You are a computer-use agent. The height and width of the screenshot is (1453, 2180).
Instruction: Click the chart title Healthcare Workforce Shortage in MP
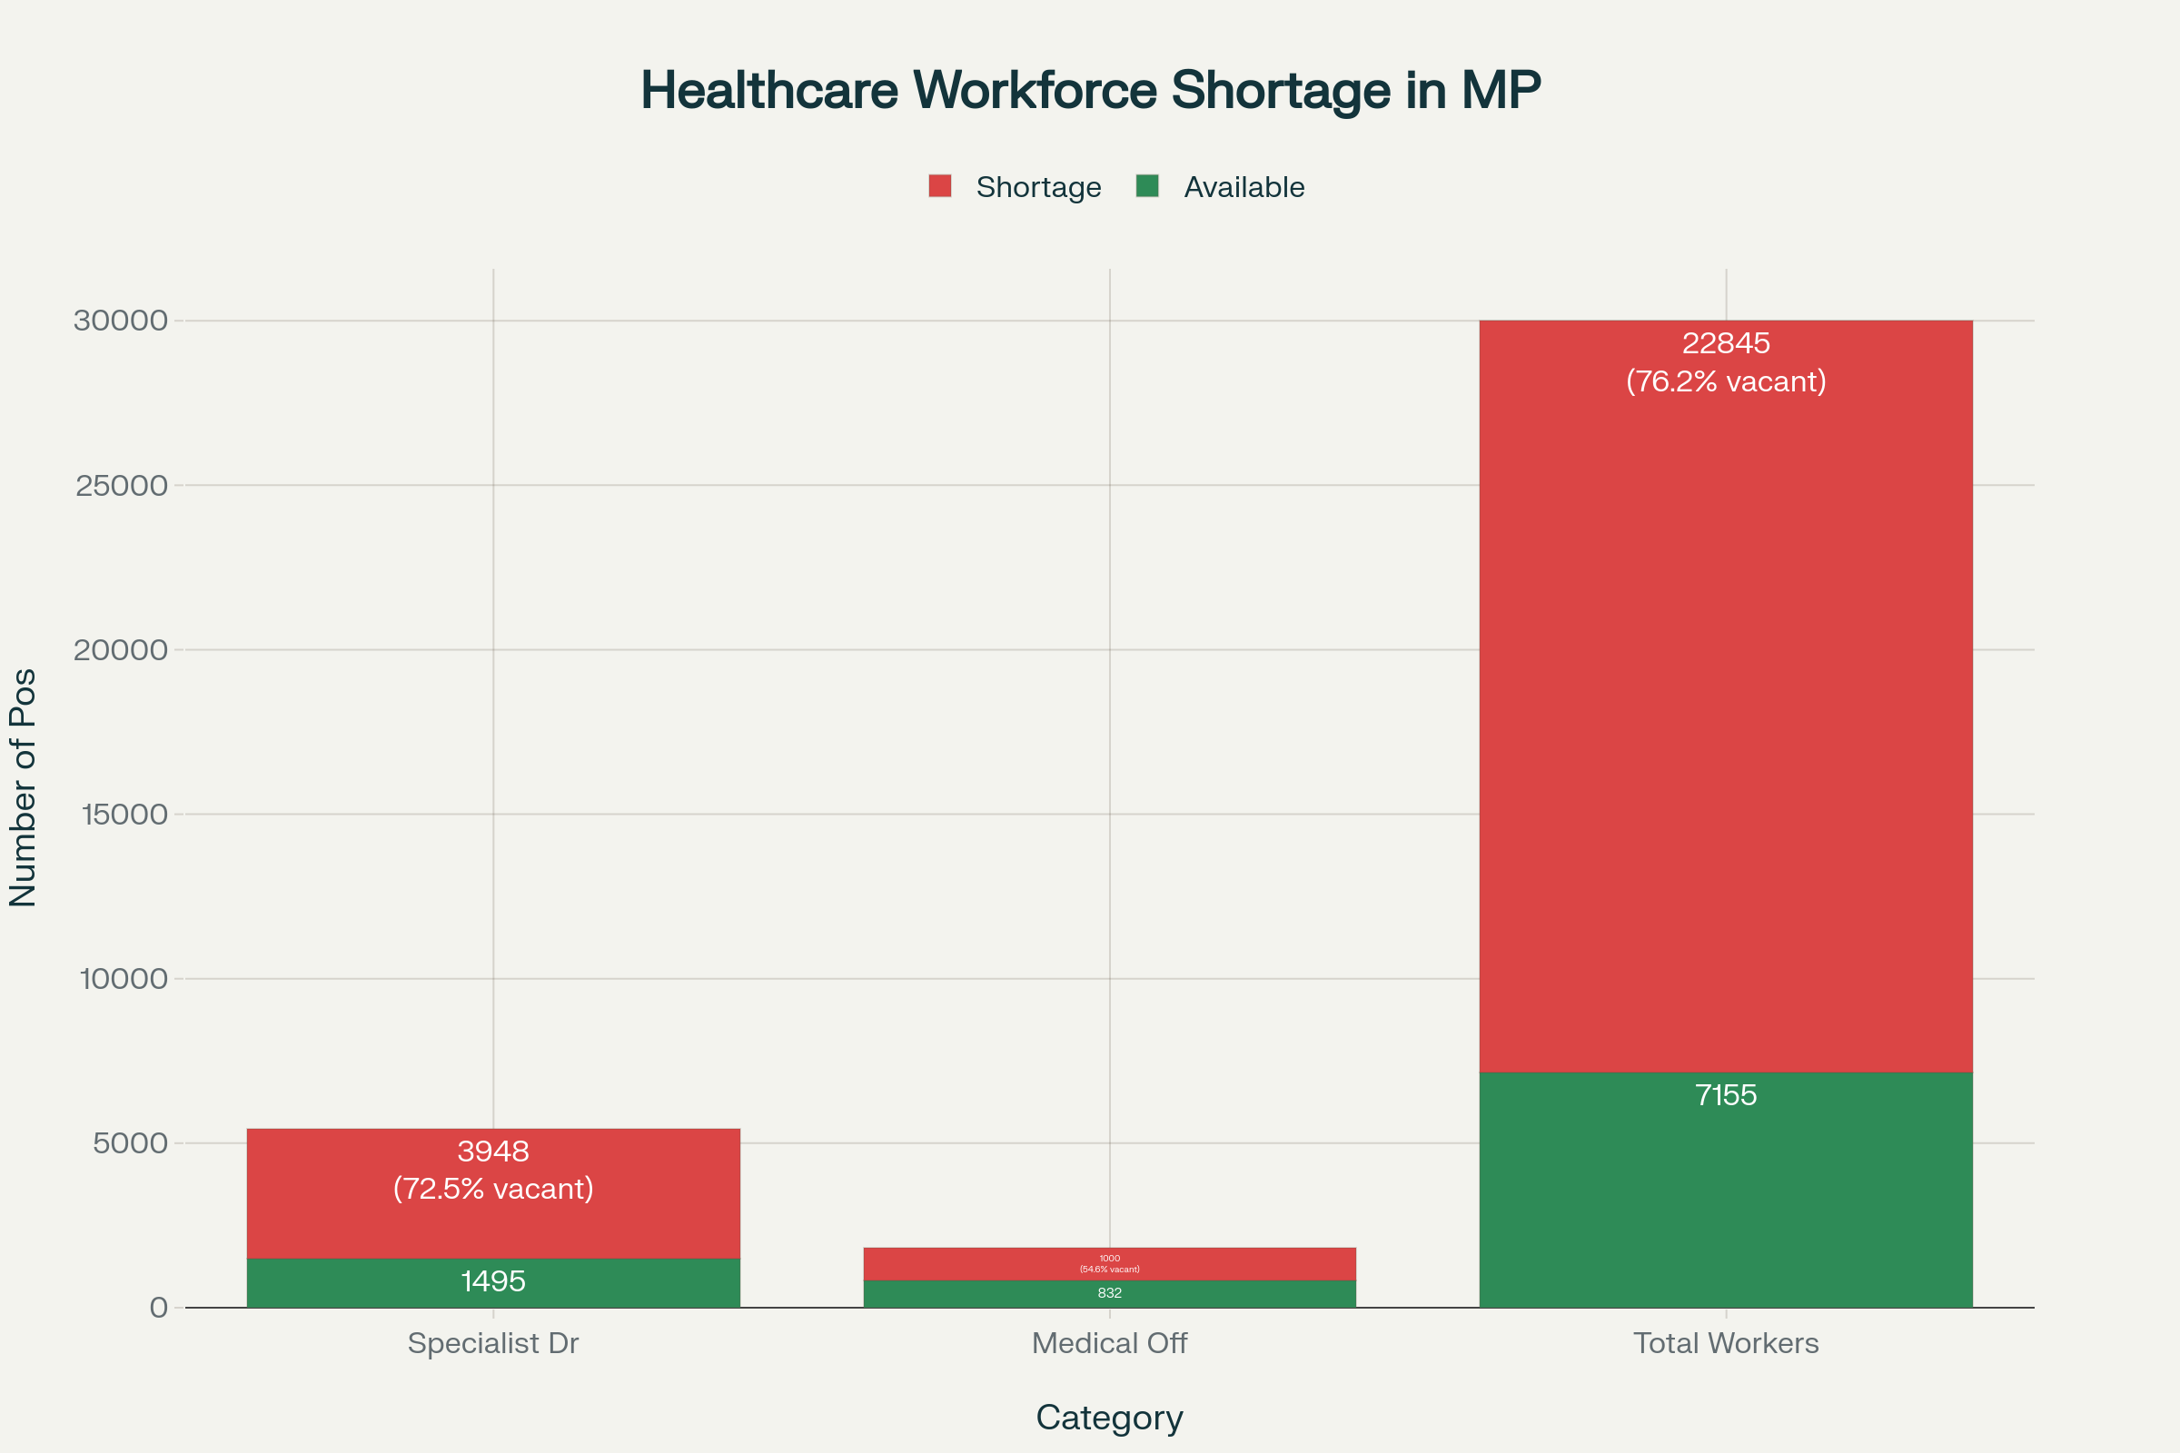tap(1090, 91)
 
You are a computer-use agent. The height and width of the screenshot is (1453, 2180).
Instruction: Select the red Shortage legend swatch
tap(940, 186)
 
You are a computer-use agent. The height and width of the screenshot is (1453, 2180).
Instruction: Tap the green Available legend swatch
tap(1147, 186)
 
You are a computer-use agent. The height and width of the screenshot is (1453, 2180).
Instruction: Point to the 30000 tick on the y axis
tap(121, 321)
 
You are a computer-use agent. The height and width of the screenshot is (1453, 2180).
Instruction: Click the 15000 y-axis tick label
tap(124, 815)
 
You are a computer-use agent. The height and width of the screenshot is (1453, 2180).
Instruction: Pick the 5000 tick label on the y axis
tap(130, 1143)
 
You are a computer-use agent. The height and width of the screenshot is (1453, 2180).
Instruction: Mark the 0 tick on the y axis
tap(158, 1308)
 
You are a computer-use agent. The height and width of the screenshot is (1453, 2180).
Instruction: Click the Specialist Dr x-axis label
tap(493, 1343)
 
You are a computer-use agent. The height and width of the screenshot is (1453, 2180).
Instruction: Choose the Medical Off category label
tap(1109, 1343)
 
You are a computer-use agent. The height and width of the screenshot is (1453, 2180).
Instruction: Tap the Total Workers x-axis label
tap(1726, 1343)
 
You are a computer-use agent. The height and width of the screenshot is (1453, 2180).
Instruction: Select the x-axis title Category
tap(1109, 1418)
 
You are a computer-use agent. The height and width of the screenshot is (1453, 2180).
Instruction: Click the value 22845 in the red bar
tap(1726, 344)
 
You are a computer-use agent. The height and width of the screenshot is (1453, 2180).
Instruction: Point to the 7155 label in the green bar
tap(1726, 1095)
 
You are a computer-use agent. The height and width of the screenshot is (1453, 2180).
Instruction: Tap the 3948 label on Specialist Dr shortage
tap(493, 1151)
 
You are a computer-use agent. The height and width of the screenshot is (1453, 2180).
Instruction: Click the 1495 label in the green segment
tap(493, 1281)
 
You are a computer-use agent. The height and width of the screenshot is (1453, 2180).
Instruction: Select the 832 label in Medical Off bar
tap(1109, 1293)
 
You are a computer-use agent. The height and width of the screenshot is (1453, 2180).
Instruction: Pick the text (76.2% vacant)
tap(1726, 381)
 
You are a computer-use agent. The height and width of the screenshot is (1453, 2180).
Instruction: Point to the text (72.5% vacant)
tap(493, 1189)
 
